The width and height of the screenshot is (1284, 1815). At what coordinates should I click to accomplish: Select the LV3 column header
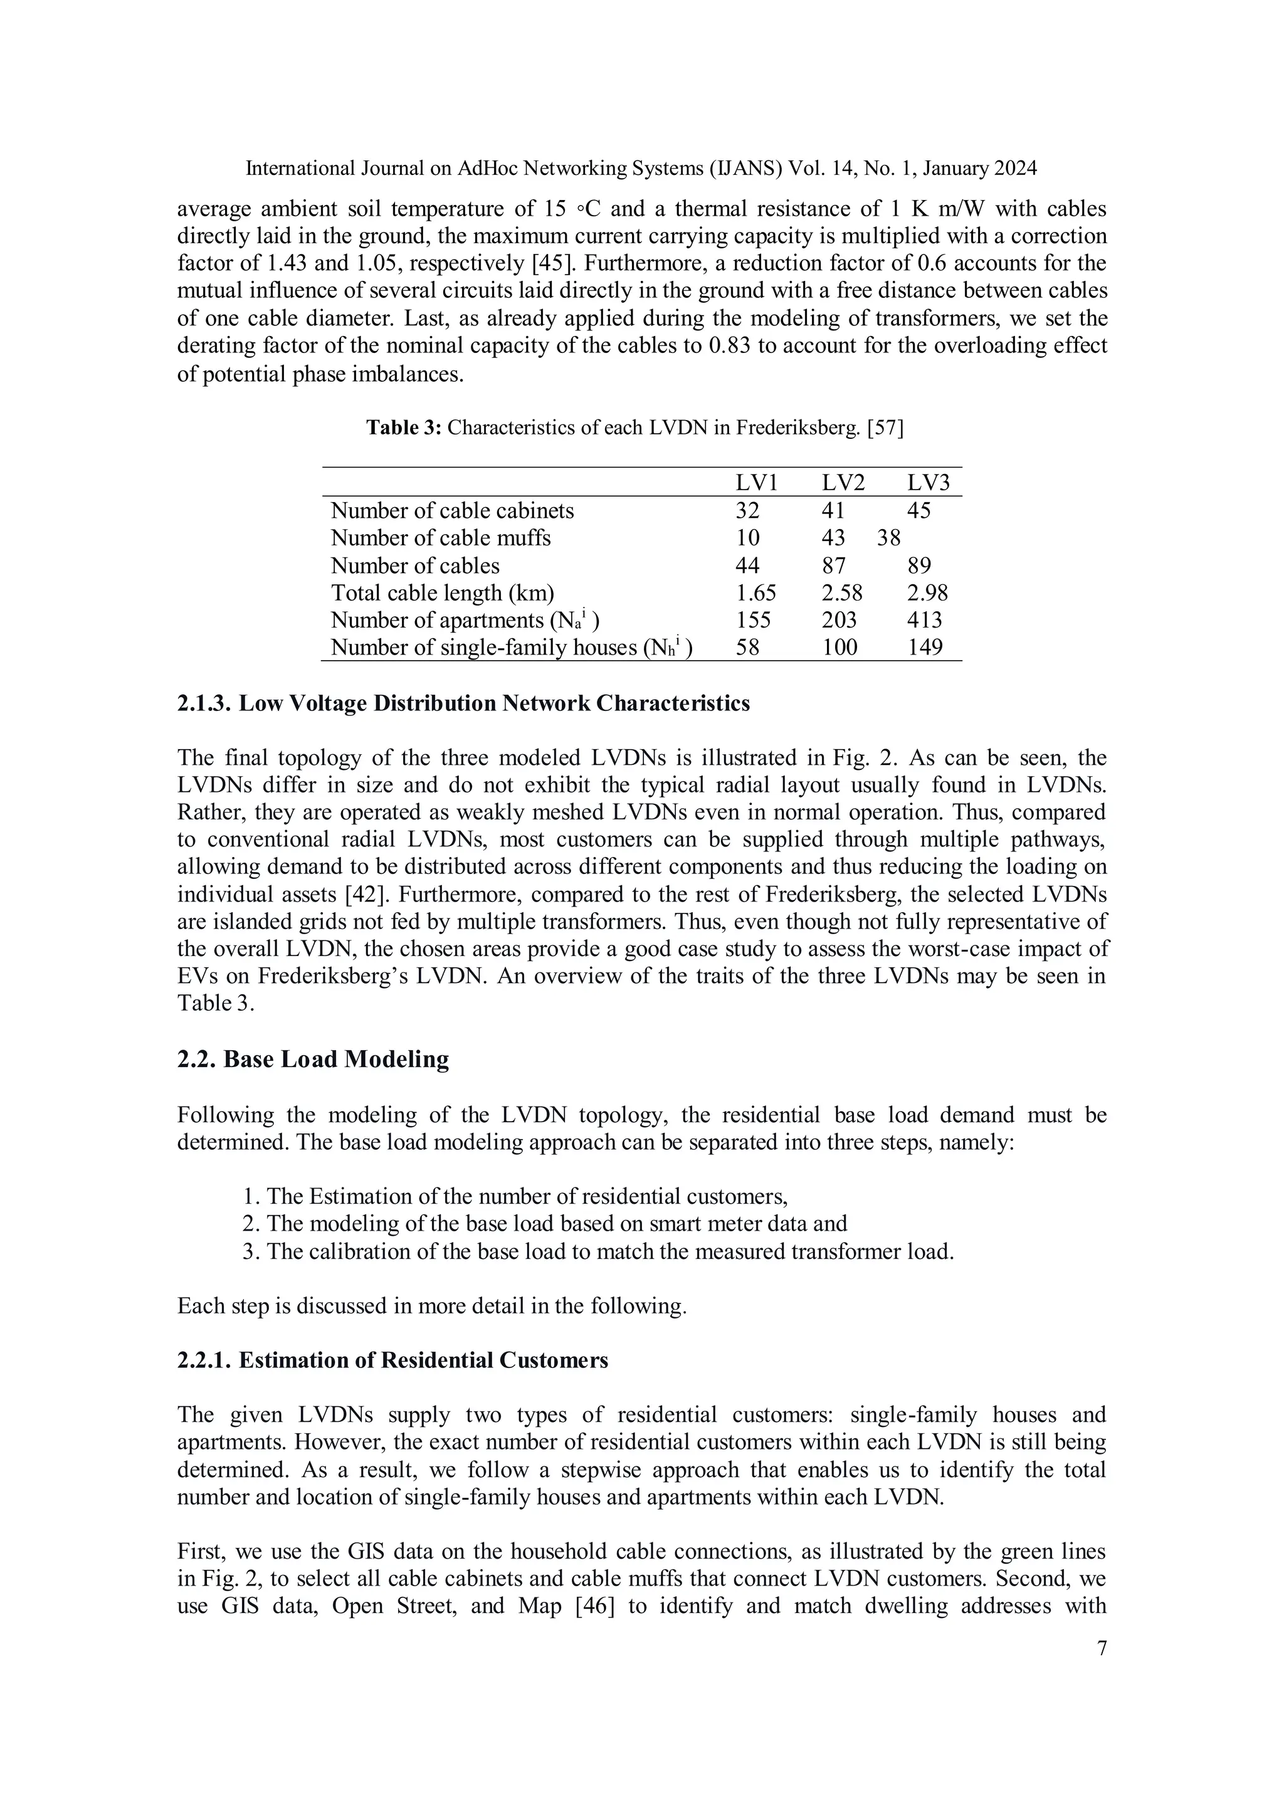coord(929,482)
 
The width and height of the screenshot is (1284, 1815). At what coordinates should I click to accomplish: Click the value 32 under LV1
coord(747,511)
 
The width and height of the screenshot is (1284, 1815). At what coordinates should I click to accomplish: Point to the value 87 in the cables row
coord(833,566)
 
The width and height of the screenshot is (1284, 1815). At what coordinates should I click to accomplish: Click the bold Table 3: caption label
coord(404,428)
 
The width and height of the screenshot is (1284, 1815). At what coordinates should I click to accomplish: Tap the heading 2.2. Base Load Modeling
coord(313,1060)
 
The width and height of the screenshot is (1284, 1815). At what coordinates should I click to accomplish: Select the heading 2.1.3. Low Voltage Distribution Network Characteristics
coord(463,703)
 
